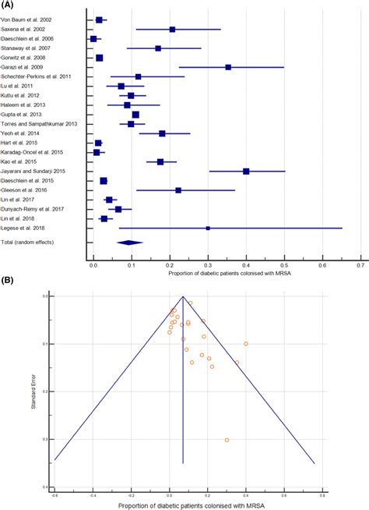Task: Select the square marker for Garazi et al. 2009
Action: click(x=228, y=67)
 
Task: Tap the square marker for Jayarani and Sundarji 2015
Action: click(x=246, y=171)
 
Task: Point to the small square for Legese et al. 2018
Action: click(x=208, y=228)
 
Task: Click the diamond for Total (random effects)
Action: click(x=129, y=243)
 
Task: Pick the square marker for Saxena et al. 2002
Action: click(x=172, y=30)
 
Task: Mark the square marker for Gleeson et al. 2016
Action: click(x=178, y=189)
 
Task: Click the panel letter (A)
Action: click(x=8, y=5)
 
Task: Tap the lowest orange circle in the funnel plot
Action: click(x=227, y=440)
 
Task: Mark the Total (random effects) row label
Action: click(x=30, y=243)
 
